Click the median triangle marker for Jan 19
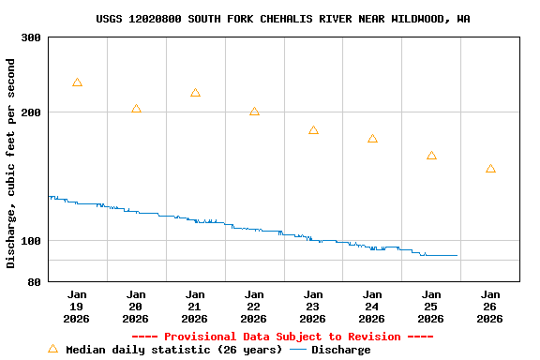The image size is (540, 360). [77, 83]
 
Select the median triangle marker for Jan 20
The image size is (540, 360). [136, 110]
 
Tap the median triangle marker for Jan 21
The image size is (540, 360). [195, 94]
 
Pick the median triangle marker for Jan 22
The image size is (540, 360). [254, 112]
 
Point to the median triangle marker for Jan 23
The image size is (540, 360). [313, 131]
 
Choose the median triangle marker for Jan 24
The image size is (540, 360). [372, 140]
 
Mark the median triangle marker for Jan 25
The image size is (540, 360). [431, 157]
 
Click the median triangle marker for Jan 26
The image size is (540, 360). [490, 170]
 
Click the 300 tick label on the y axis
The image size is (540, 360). [31, 37]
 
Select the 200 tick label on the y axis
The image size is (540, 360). [31, 112]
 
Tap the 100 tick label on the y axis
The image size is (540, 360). [31, 241]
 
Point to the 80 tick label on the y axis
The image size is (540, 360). [35, 282]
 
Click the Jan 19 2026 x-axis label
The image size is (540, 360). [77, 307]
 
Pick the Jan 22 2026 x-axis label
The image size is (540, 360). [254, 307]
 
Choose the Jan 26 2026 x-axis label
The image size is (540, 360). [490, 307]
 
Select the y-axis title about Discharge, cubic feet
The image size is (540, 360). [11, 163]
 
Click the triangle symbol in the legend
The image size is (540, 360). [52, 350]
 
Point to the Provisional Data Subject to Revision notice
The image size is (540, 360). [282, 337]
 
